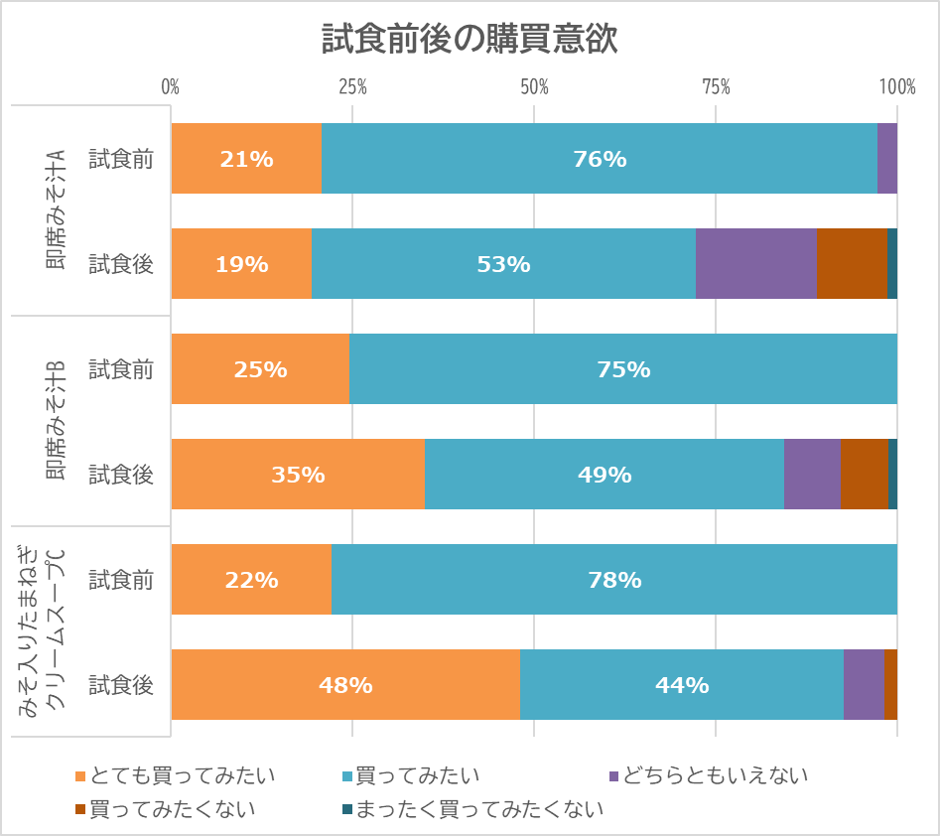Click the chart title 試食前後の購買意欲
click(470, 39)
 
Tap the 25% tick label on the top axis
click(352, 87)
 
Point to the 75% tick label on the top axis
click(716, 87)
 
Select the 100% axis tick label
click(896, 87)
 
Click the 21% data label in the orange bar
click(246, 159)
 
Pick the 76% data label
click(600, 159)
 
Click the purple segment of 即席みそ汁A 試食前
click(886, 159)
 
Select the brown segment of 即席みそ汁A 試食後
click(851, 264)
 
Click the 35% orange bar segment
click(298, 475)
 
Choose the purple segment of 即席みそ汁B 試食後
click(812, 475)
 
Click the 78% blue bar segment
click(613, 580)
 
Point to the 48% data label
click(345, 685)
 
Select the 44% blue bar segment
click(681, 685)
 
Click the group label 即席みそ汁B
click(56, 421)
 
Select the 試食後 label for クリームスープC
click(121, 685)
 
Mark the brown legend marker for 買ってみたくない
click(80, 809)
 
